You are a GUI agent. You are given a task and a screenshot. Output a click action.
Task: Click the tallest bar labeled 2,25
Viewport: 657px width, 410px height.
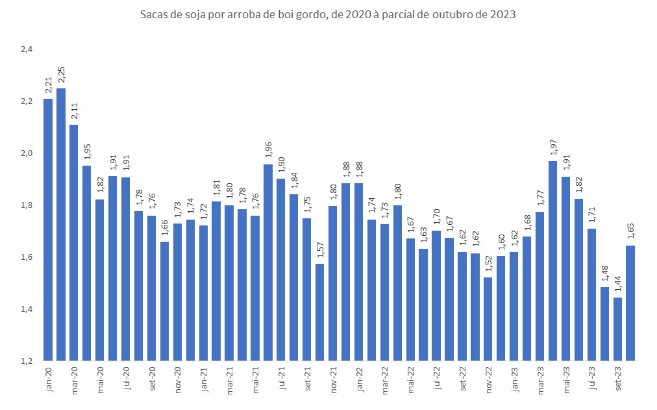point(61,224)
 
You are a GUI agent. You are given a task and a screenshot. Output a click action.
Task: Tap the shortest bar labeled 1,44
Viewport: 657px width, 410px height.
point(617,329)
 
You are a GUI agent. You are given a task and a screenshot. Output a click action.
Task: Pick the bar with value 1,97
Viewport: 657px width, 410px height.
point(553,261)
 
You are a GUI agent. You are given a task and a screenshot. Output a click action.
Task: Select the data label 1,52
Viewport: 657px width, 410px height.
point(488,264)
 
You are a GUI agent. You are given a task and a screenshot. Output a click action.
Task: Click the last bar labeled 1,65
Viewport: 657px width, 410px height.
point(630,303)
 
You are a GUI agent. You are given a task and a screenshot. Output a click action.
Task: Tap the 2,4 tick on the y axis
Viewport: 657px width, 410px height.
point(26,49)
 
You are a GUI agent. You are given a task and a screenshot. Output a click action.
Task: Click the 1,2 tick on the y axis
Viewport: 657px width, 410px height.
point(26,361)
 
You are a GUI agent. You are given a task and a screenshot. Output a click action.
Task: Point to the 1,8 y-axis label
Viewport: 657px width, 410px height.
point(26,205)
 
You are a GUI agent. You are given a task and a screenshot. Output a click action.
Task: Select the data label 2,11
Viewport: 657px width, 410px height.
point(74,112)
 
